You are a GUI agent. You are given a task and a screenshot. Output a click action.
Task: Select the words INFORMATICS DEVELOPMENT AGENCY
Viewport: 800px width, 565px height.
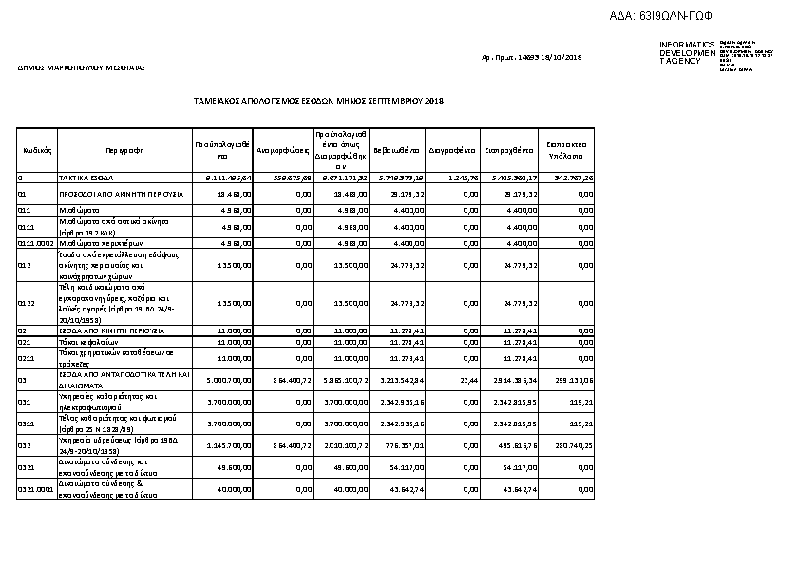pyautogui.click(x=687, y=52)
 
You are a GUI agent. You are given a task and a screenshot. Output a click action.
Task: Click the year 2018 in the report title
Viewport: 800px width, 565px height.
pyautogui.click(x=434, y=100)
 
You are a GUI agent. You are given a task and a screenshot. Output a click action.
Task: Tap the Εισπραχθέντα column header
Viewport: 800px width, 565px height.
pyautogui.click(x=509, y=150)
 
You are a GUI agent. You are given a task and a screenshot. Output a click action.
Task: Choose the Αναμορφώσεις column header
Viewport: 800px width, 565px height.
pyautogui.click(x=284, y=150)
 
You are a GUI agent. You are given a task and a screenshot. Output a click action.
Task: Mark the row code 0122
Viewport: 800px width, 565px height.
pyautogui.click(x=27, y=304)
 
